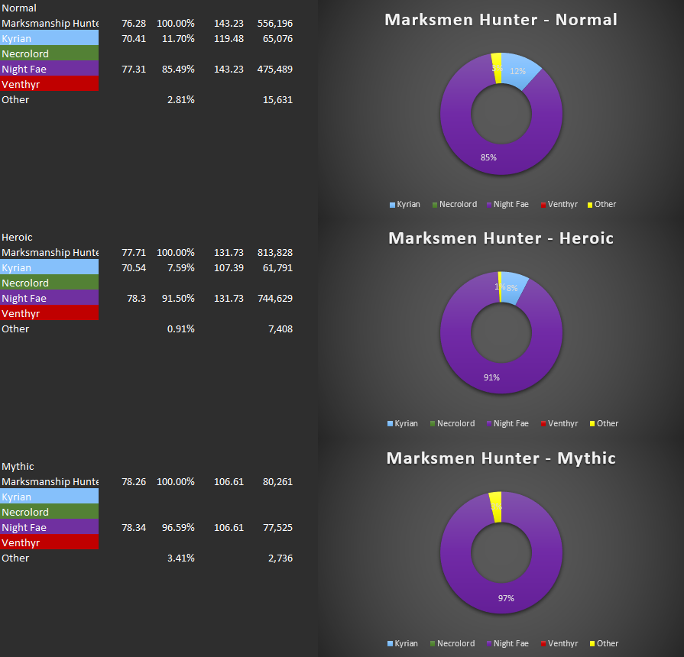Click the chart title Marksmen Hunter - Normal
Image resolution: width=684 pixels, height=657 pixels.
(x=501, y=20)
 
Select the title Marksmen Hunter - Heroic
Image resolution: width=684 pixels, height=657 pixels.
(x=501, y=238)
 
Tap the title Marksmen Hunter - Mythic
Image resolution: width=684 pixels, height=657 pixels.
(x=501, y=458)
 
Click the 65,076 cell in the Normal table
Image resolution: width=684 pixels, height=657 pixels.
(x=277, y=38)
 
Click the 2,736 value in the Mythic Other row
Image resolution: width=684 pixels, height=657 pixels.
(x=280, y=558)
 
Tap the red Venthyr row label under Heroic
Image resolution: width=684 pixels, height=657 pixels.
(x=49, y=313)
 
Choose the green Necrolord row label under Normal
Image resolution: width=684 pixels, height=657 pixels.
(x=49, y=53)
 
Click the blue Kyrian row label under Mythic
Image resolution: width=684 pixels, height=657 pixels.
(x=49, y=497)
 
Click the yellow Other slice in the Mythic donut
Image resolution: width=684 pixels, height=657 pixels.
(x=495, y=506)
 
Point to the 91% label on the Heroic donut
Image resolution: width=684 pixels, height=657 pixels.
(x=491, y=377)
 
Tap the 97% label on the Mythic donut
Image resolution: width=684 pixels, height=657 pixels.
(x=506, y=598)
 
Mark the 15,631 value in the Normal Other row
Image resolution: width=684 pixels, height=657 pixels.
(x=277, y=99)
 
